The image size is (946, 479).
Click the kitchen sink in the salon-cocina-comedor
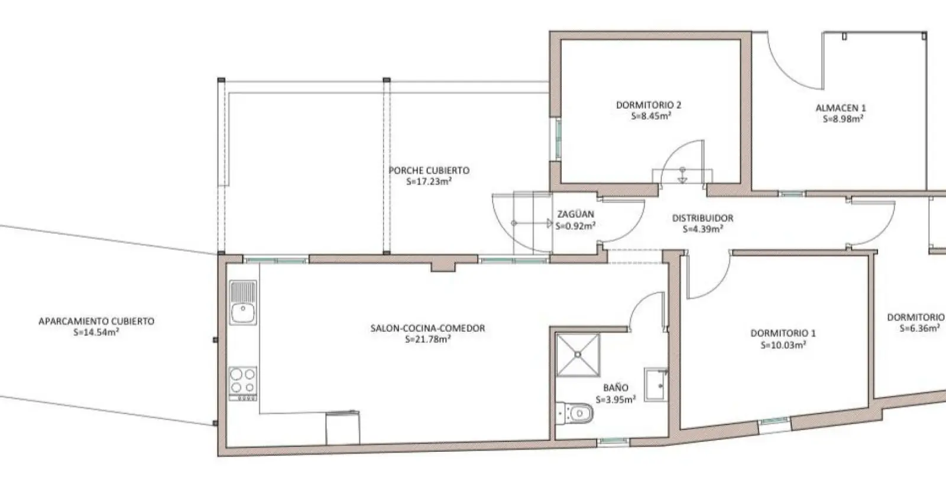tap(243, 302)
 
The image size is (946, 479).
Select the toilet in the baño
tap(575, 413)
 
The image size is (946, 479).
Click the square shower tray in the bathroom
tap(578, 355)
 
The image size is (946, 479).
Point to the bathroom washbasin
tap(656, 384)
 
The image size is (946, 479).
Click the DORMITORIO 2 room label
tap(649, 105)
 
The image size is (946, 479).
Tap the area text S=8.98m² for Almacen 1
tap(843, 119)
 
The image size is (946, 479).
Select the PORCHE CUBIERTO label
tap(429, 170)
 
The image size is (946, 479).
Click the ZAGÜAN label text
tap(576, 214)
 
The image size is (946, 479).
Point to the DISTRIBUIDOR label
tap(703, 218)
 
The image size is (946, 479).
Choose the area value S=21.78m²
tap(428, 339)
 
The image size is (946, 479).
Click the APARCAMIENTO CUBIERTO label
tap(96, 321)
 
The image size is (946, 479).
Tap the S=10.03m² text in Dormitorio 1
tap(783, 345)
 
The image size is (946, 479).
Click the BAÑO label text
tap(615, 387)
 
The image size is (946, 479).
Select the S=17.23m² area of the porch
tap(429, 182)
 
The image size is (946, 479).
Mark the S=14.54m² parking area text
tap(96, 332)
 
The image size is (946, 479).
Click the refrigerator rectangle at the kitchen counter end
tap(342, 428)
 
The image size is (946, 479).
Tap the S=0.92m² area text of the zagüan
tap(576, 226)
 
